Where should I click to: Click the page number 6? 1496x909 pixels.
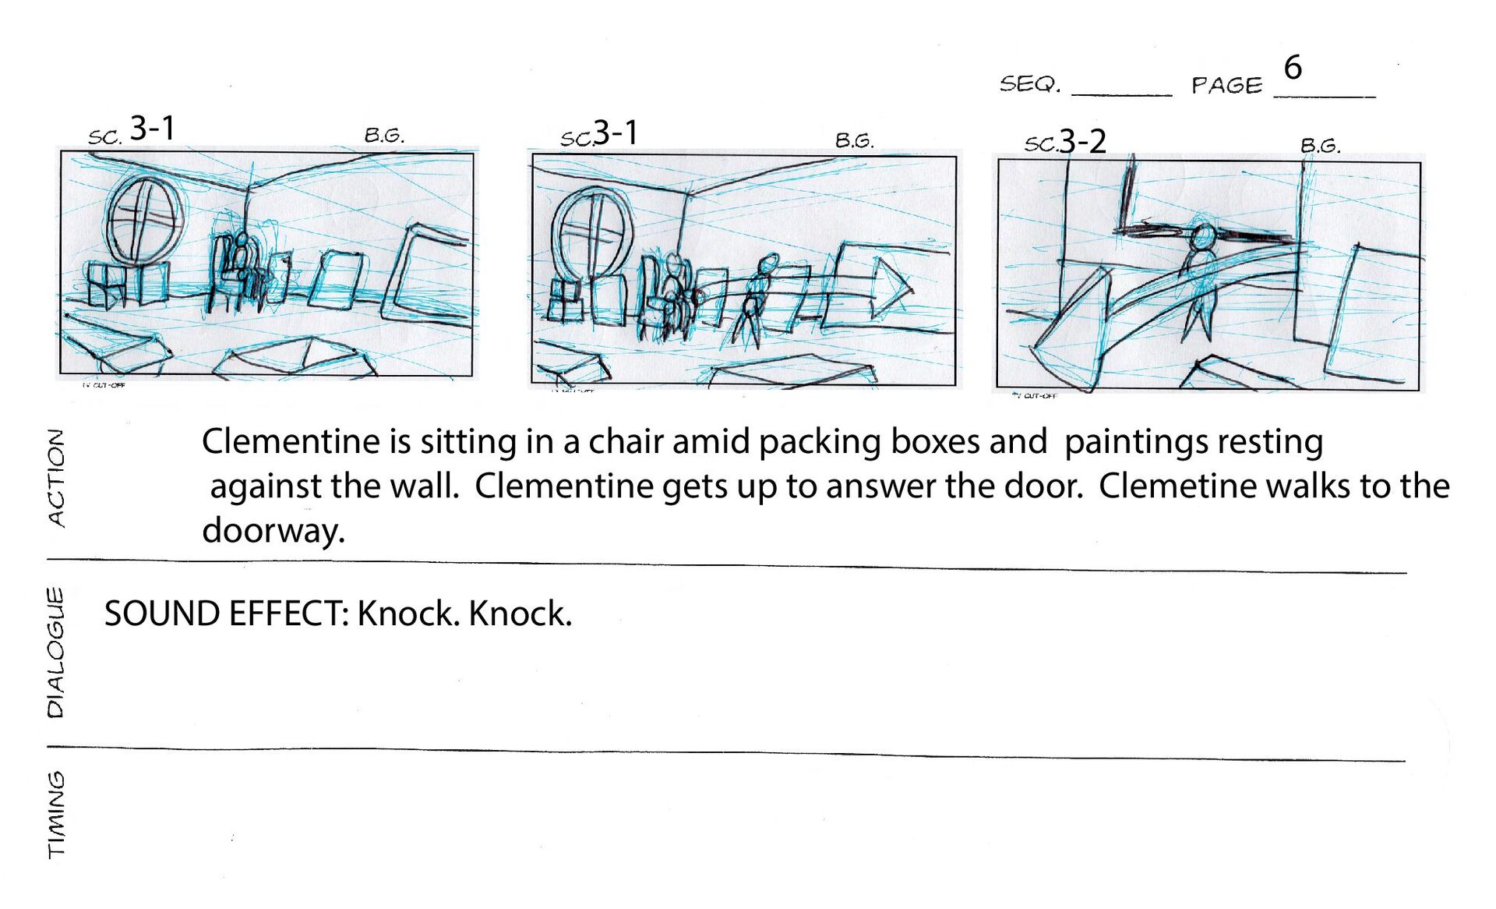(1293, 67)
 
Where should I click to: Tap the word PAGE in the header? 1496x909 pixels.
(1226, 85)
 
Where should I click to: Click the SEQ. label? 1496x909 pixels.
(1030, 83)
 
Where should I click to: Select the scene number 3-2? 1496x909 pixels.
(1082, 141)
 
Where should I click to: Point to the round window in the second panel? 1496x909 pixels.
(594, 232)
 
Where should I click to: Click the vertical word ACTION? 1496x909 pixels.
(56, 478)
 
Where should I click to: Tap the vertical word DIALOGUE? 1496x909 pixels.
(55, 653)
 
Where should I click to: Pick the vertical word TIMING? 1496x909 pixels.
(56, 815)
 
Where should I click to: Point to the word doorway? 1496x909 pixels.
(273, 531)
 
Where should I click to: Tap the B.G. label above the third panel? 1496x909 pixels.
(1321, 146)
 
